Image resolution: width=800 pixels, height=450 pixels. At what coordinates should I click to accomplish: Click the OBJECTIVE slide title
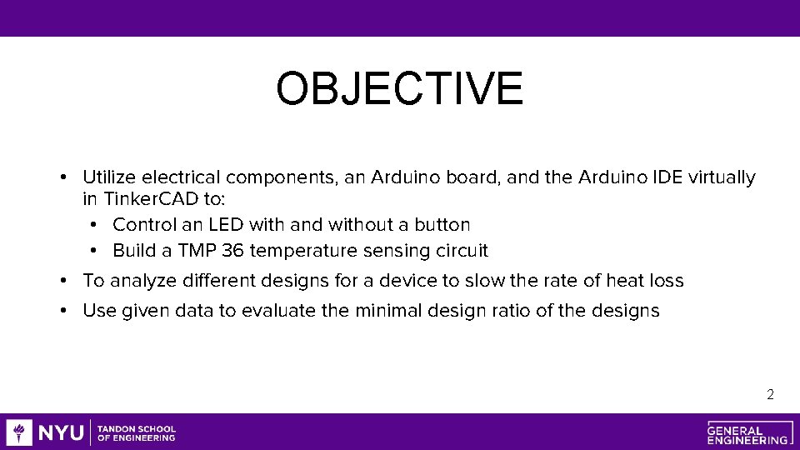click(400, 89)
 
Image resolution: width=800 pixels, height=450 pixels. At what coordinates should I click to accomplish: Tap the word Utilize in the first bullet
click(110, 177)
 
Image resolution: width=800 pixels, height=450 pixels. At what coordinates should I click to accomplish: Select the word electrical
click(182, 177)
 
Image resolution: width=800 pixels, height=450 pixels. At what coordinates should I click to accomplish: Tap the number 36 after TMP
click(232, 251)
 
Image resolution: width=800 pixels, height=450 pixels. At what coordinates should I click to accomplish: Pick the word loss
click(667, 281)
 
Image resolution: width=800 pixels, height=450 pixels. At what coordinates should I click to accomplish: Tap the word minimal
click(388, 312)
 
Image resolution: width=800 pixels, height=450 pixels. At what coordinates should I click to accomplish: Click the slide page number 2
click(770, 394)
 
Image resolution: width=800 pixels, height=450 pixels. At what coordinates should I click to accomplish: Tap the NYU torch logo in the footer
click(19, 432)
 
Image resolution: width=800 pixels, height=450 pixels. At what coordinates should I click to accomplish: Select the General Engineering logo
click(747, 432)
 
